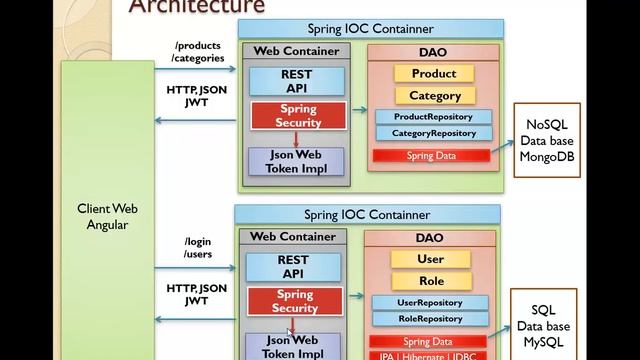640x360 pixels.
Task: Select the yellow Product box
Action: [x=433, y=73]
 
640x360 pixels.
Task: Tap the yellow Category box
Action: [x=434, y=96]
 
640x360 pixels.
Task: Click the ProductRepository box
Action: [x=433, y=117]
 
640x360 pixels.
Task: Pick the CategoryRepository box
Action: [x=433, y=133]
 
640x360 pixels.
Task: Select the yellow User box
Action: [x=430, y=259]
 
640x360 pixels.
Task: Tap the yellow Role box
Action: [x=430, y=281]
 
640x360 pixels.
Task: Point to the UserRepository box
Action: [x=431, y=302]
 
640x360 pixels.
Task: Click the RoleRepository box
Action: [x=431, y=319]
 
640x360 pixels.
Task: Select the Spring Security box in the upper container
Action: [x=299, y=116]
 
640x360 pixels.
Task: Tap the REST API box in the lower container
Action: [x=293, y=266]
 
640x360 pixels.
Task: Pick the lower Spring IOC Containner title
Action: [x=367, y=214]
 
